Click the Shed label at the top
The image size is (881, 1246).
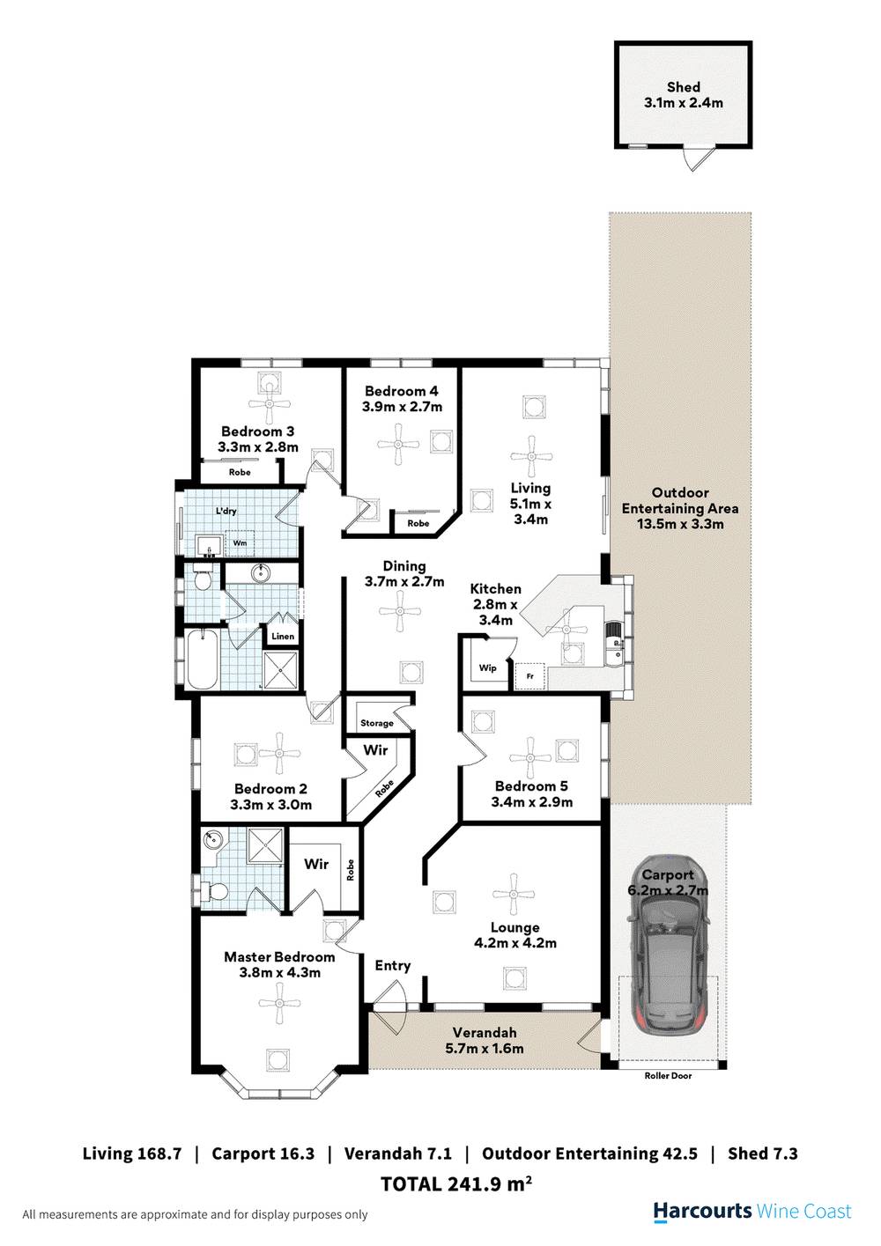683,87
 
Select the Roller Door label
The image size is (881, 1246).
668,1076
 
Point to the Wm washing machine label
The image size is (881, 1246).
240,544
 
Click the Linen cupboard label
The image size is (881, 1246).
283,637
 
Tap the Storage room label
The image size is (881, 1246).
377,724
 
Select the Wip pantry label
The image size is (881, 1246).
487,668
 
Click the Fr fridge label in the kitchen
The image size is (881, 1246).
530,676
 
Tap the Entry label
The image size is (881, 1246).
392,966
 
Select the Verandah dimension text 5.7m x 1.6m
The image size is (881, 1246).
485,1049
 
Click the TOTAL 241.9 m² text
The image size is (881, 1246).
455,1184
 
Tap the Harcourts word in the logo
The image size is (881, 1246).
702,1212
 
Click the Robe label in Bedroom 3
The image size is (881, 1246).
240,473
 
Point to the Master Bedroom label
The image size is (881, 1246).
279,957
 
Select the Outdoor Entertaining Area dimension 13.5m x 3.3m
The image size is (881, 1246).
680,524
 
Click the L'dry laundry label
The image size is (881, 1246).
226,512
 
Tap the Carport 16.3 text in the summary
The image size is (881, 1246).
263,1154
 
